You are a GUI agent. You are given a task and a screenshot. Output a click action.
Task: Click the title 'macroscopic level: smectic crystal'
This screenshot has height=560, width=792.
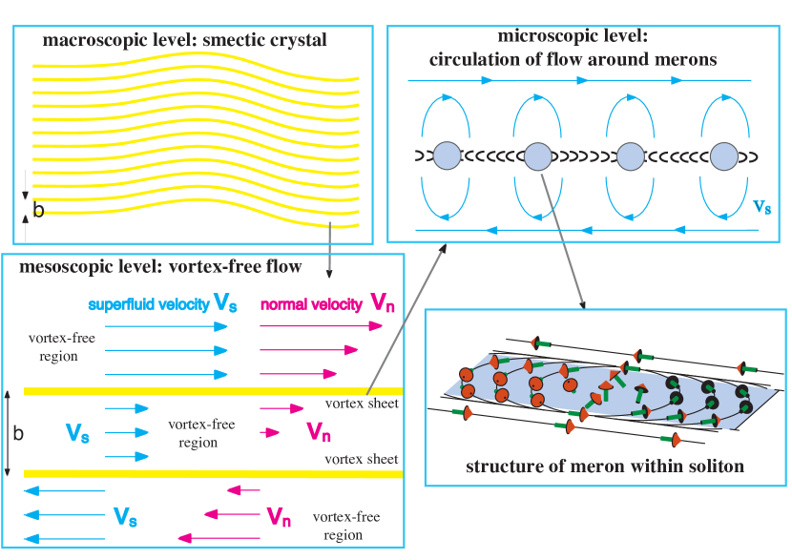coord(184,41)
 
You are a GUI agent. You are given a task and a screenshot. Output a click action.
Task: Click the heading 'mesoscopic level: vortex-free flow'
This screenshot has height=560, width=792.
coord(161,266)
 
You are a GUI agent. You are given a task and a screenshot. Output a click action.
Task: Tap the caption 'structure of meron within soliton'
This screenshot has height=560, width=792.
coord(605,467)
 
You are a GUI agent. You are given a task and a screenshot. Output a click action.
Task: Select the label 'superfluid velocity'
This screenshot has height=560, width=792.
coord(151,304)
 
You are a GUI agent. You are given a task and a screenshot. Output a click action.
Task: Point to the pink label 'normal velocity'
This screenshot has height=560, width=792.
coord(311,304)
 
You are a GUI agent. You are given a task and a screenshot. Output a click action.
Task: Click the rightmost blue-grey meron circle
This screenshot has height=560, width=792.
coord(725,156)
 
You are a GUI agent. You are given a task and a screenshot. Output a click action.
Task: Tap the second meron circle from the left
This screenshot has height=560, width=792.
coord(538,156)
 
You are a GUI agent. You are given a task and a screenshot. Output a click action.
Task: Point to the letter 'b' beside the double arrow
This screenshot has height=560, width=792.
coord(19,432)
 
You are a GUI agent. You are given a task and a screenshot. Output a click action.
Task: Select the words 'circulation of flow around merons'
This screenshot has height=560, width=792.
coord(573,60)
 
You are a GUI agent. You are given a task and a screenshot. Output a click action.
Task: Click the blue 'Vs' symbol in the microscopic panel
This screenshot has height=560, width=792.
coord(761,206)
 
